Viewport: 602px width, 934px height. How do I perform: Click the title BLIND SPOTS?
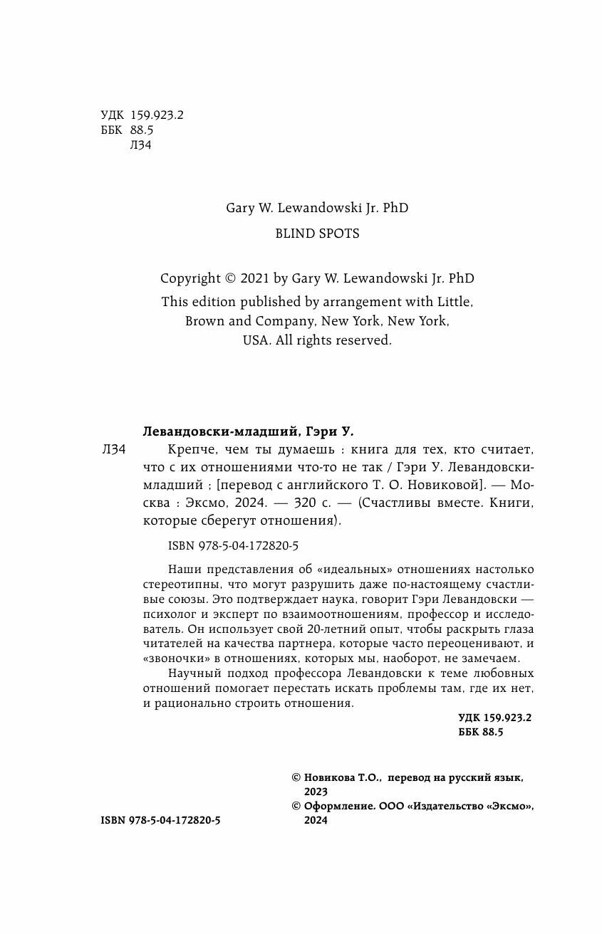click(317, 233)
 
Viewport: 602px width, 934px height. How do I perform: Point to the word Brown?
click(204, 321)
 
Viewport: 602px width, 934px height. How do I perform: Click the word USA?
click(255, 340)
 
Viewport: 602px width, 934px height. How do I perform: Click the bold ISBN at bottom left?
click(161, 821)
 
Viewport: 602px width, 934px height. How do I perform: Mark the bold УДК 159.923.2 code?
click(494, 718)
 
